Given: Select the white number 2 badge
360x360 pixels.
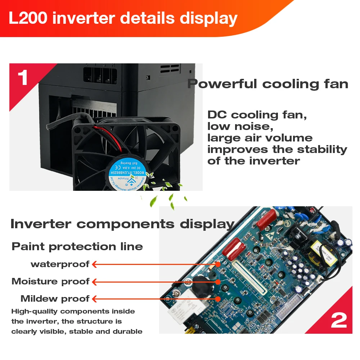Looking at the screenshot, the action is click(x=338, y=320).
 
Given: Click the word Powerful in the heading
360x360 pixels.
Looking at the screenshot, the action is click(x=222, y=84).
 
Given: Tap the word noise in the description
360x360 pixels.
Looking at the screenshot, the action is click(x=252, y=126).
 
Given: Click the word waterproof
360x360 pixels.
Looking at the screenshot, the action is click(x=60, y=264).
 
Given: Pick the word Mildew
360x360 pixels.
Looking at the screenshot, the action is click(x=39, y=299).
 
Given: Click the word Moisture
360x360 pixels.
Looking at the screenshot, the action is click(x=34, y=282).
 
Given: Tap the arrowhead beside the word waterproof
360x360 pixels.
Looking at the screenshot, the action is click(x=95, y=264).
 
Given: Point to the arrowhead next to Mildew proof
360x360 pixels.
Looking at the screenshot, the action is click(x=95, y=299).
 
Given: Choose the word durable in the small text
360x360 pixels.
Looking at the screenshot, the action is click(x=128, y=332).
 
